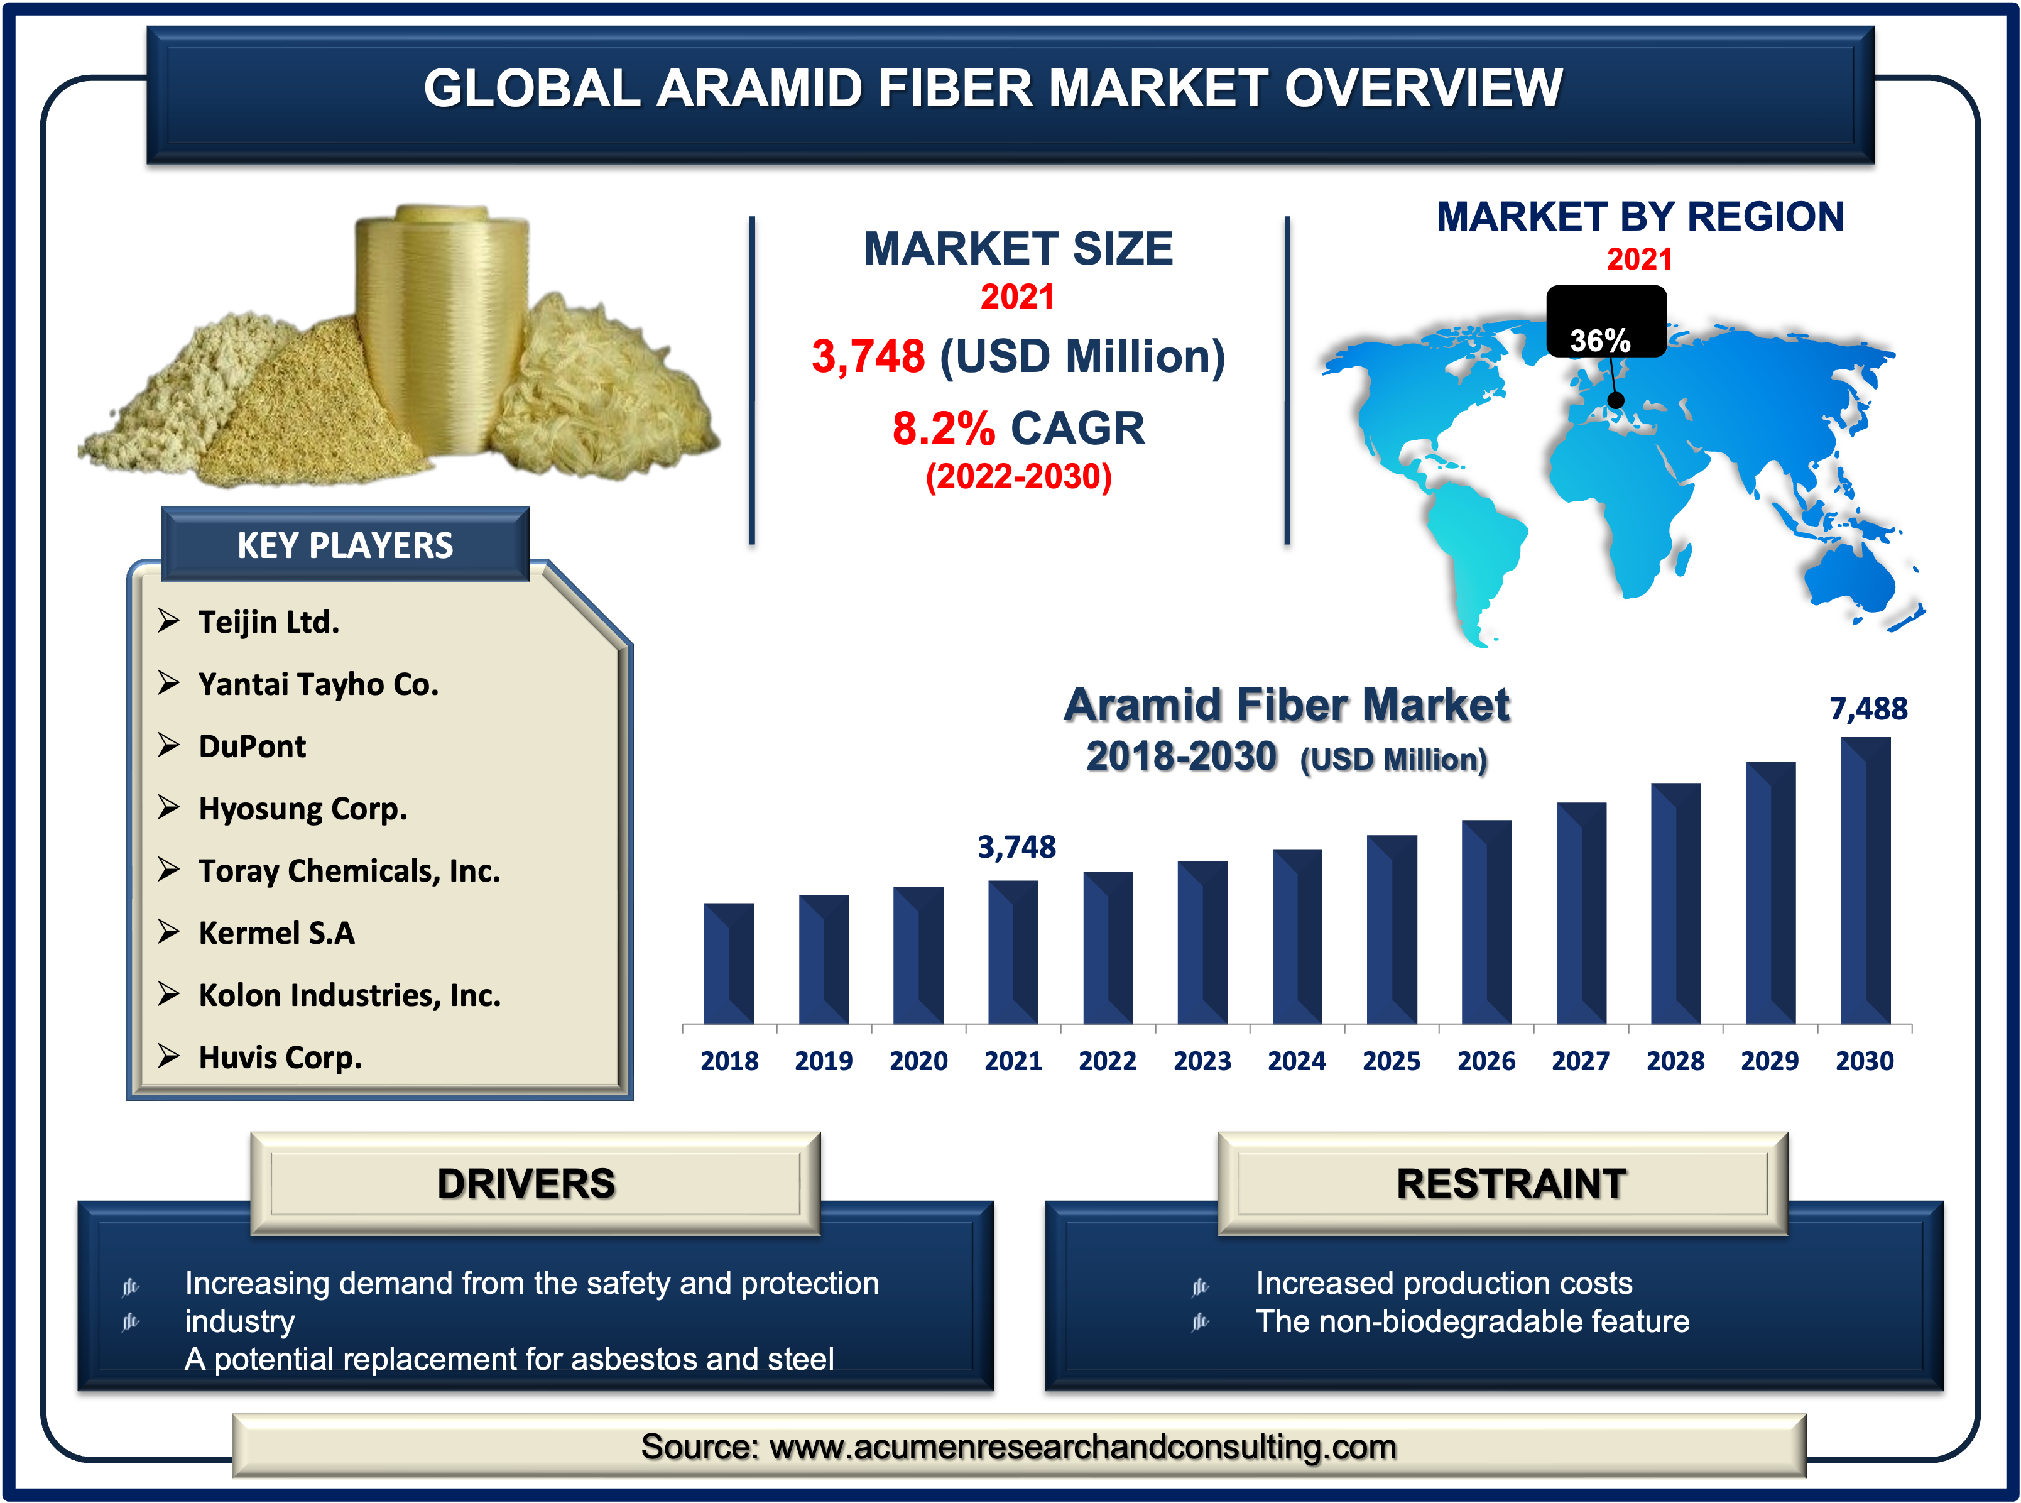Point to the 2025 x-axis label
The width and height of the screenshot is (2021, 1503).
pyautogui.click(x=1391, y=1061)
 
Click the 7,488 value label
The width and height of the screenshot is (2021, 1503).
pyautogui.click(x=1868, y=709)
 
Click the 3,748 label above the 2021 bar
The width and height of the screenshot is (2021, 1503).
pyautogui.click(x=1016, y=847)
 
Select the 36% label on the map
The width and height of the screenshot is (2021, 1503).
pyautogui.click(x=1600, y=341)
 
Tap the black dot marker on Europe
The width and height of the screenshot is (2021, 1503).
pyautogui.click(x=1615, y=400)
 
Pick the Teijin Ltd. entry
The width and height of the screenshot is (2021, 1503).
pyautogui.click(x=268, y=621)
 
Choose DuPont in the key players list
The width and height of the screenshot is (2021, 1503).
pyautogui.click(x=252, y=746)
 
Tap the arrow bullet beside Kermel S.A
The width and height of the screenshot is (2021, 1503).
pyautogui.click(x=168, y=932)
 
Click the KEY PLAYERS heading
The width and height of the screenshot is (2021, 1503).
pyautogui.click(x=345, y=545)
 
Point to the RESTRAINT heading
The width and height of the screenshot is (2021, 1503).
pyautogui.click(x=1511, y=1183)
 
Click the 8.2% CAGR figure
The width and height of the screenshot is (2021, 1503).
pyautogui.click(x=1018, y=428)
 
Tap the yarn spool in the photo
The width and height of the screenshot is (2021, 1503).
pyautogui.click(x=441, y=327)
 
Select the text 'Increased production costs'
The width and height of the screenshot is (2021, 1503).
pyautogui.click(x=1444, y=1283)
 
